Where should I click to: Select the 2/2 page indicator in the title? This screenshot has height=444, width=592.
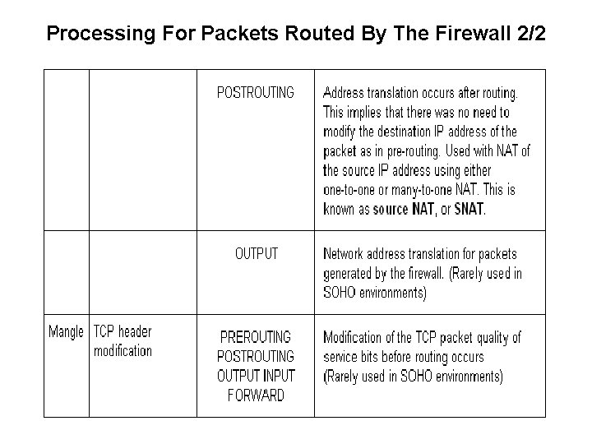[x=530, y=35]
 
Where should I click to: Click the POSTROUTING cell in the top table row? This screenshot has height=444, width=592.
[x=255, y=92]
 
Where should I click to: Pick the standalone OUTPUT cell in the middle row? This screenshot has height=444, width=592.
[x=257, y=253]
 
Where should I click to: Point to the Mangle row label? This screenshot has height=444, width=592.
[x=66, y=332]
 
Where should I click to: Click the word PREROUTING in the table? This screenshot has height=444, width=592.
[x=256, y=337]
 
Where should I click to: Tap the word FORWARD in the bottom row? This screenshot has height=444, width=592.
[x=256, y=395]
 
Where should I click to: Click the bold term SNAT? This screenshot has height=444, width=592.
[x=469, y=210]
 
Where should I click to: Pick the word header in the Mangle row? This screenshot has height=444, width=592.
[x=135, y=332]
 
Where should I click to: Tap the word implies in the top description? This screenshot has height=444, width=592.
[x=368, y=112]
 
